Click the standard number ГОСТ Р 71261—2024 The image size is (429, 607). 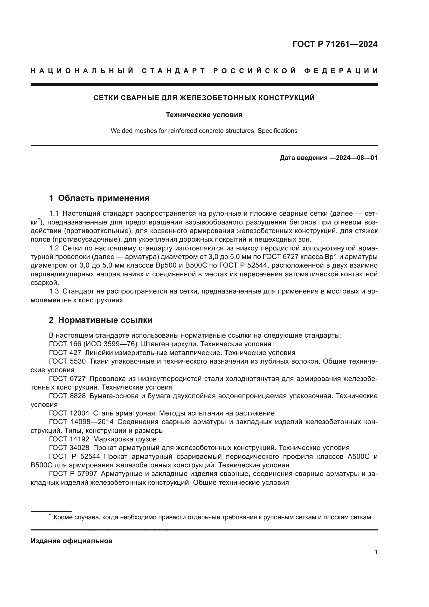pos(335,44)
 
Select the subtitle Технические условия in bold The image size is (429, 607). pos(204,115)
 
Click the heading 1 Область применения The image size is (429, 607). pos(99,198)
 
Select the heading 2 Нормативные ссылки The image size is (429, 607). pos(101,320)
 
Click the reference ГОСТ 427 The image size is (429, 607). pos(65,353)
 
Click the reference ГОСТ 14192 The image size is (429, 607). pos(69,439)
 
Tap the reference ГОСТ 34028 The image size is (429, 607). pos(69,448)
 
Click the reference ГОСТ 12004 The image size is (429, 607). pos(69,413)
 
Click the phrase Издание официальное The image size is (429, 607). pos(71,541)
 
